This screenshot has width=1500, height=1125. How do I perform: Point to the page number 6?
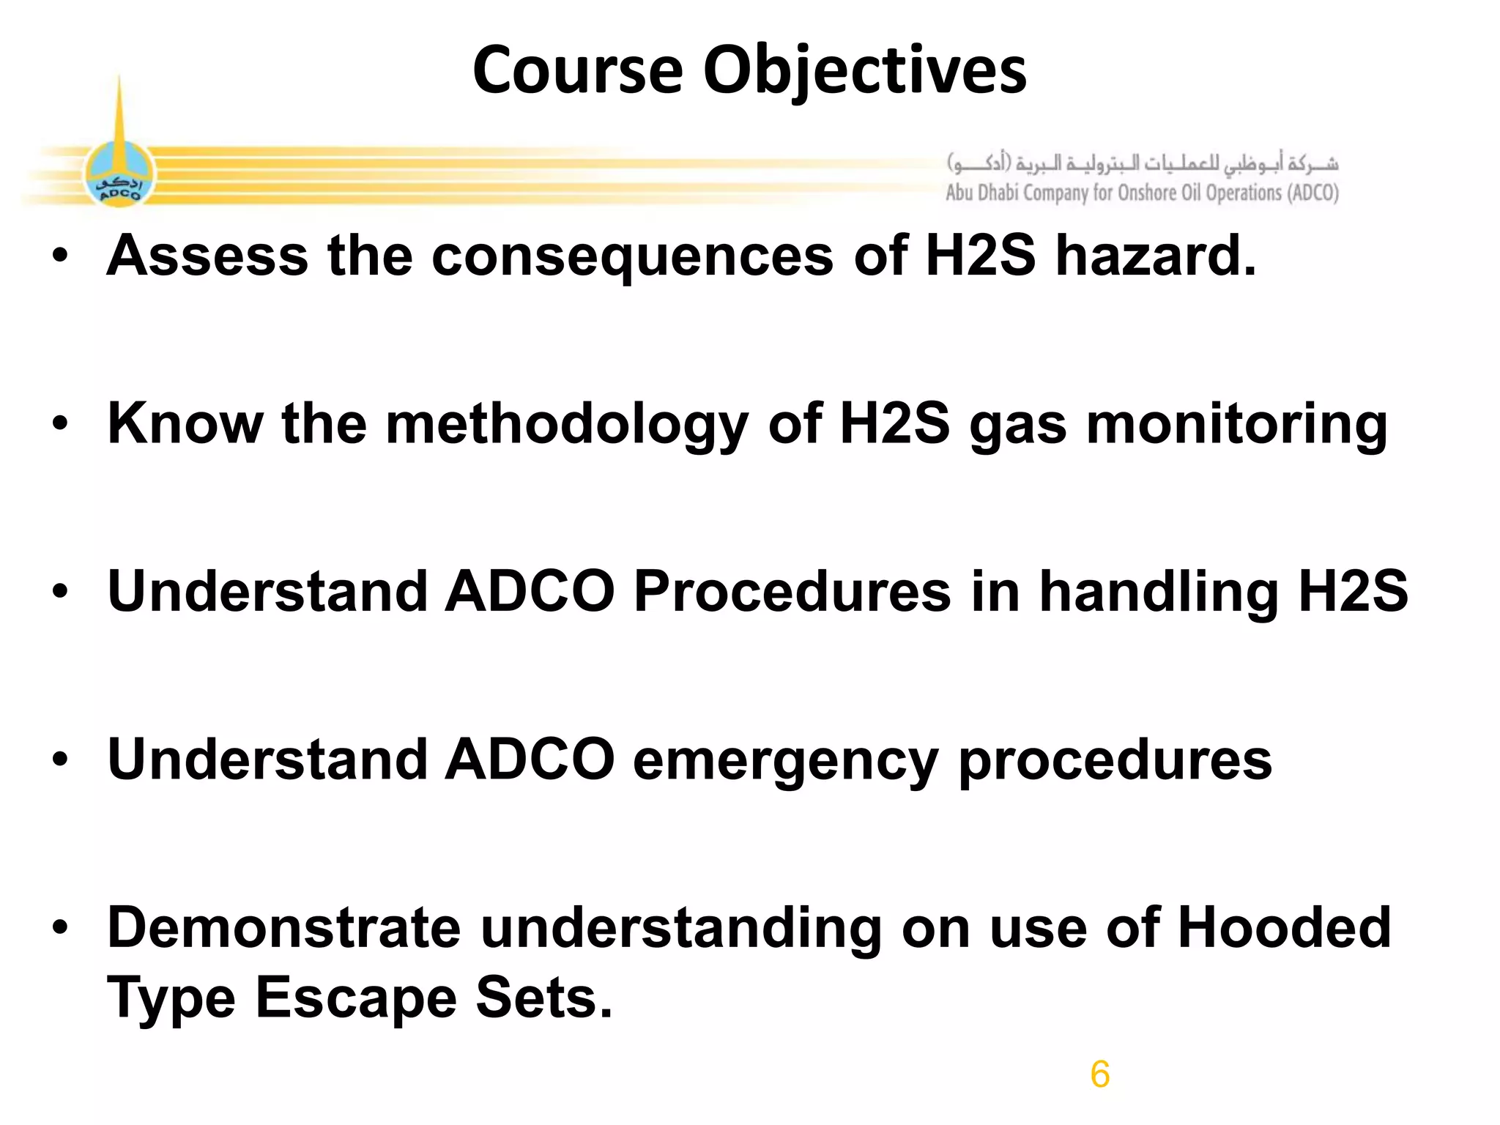(x=1099, y=1074)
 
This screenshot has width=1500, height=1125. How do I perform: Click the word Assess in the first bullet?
(x=207, y=256)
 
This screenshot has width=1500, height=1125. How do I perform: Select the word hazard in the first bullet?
(x=1155, y=256)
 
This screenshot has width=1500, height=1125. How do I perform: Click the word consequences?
(x=632, y=256)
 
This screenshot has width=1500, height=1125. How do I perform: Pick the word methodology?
(x=566, y=425)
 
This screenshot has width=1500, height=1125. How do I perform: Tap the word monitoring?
(x=1236, y=425)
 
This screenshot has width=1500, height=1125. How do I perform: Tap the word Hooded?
(x=1283, y=928)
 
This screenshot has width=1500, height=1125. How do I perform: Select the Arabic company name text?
(x=1143, y=163)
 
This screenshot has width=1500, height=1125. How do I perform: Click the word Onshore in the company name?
(x=1148, y=193)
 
